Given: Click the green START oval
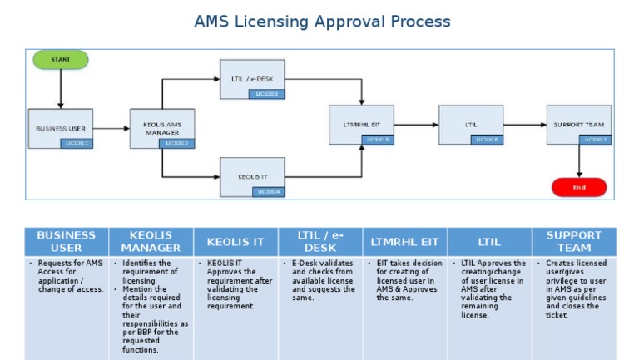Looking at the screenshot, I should point(60,59).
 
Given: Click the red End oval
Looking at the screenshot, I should point(579,187).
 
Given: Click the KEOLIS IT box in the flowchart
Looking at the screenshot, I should point(253,177).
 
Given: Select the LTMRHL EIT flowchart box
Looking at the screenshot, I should point(361,126).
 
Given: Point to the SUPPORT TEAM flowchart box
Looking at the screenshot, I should point(578,126).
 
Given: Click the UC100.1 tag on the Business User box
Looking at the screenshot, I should point(77,143).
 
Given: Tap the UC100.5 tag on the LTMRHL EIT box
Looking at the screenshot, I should point(379,140).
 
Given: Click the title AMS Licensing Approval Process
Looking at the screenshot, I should point(322,22).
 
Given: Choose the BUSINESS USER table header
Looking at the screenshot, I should point(67,242).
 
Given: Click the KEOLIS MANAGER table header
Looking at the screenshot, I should point(151,242).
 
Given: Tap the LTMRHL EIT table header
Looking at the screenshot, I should point(405,242).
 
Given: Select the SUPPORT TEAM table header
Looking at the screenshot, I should point(574,242).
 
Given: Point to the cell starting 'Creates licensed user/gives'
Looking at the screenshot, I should point(574,289).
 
